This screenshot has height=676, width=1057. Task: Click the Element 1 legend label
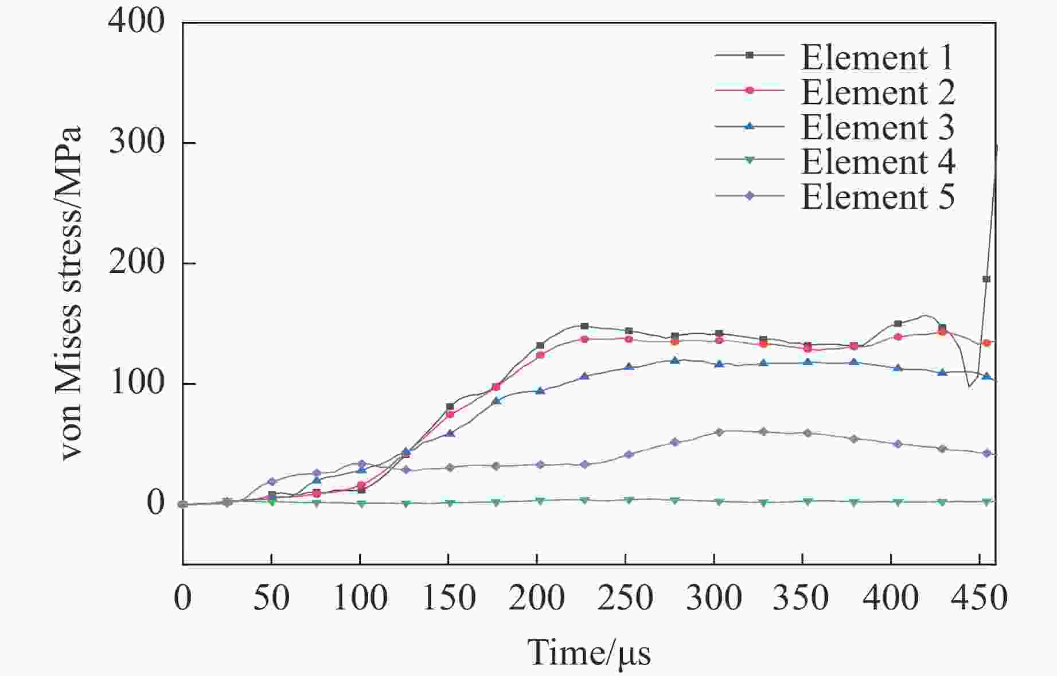[x=877, y=57]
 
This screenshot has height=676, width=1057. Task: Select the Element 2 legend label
[x=877, y=92]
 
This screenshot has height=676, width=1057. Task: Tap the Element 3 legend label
[x=877, y=127]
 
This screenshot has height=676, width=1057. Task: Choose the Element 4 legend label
[x=877, y=162]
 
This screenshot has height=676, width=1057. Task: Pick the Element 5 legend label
[x=877, y=197]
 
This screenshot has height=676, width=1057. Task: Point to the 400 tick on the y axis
[x=136, y=22]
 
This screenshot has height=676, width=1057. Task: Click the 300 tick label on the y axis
[x=136, y=142]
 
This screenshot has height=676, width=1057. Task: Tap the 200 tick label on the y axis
[x=136, y=263]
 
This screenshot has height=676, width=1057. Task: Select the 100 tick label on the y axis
[x=136, y=383]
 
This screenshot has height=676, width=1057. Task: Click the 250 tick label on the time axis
[x=625, y=598]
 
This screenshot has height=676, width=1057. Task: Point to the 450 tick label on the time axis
[x=978, y=598]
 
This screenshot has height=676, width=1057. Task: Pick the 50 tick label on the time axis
[x=271, y=598]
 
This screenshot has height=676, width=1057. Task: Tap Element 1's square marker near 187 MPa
[x=986, y=279]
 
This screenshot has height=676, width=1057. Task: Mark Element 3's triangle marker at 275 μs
[x=675, y=361]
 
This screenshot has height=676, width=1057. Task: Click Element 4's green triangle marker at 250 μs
[x=629, y=501]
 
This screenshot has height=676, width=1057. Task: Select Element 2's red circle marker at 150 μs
[x=450, y=414]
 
